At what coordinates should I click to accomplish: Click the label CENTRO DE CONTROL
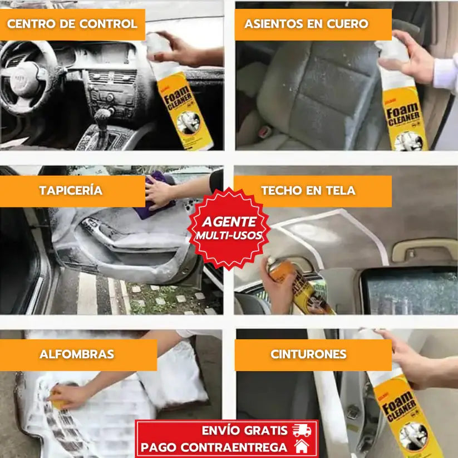click(x=72, y=24)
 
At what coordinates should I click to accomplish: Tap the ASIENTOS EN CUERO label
click(x=306, y=24)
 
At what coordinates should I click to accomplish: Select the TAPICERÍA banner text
click(x=71, y=190)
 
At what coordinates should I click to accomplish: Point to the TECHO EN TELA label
click(x=308, y=190)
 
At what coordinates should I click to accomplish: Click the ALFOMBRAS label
click(x=77, y=354)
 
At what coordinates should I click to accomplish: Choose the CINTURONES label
click(x=308, y=354)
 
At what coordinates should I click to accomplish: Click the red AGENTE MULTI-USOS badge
click(x=228, y=228)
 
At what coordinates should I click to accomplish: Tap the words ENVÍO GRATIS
click(x=245, y=430)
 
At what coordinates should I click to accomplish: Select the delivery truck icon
click(x=302, y=430)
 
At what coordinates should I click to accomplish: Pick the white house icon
click(x=301, y=446)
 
